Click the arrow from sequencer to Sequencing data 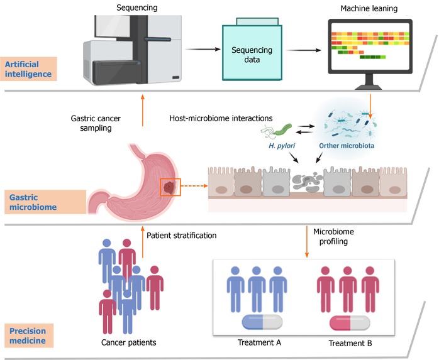point(201,48)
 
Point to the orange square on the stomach point(170,187)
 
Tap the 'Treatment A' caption point(259,343)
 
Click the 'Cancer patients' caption point(128,343)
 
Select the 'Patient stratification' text point(182,236)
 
